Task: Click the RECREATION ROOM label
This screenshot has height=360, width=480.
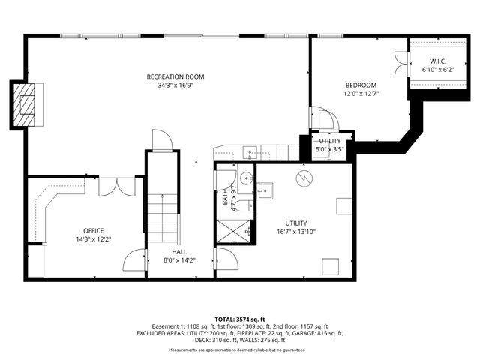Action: [x=175, y=76]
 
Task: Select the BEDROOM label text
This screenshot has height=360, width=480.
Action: [x=361, y=85]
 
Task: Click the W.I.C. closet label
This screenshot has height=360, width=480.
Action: [x=438, y=61]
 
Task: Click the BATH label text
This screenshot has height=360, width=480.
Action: [x=224, y=199]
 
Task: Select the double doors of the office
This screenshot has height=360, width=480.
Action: [x=116, y=185]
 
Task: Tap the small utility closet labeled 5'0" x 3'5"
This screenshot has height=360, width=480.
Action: [x=329, y=145]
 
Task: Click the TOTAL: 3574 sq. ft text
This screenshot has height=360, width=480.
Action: [x=239, y=319]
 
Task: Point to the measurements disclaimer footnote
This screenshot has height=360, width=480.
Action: [x=239, y=350]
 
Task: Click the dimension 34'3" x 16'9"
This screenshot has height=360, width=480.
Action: [x=175, y=85]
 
